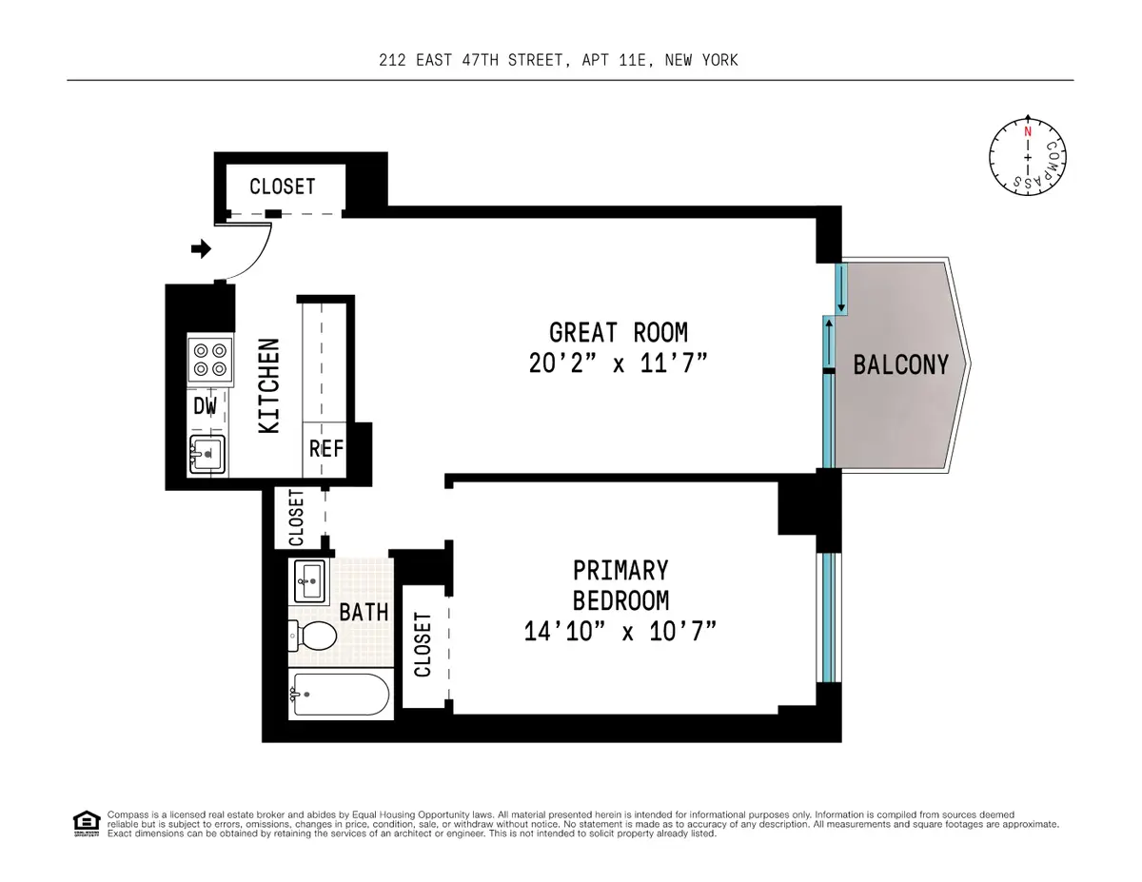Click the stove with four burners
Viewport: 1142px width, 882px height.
click(210, 359)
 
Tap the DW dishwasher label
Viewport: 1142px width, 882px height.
click(206, 406)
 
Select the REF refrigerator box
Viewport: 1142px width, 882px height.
click(325, 449)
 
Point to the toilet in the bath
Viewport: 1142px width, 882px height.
click(313, 635)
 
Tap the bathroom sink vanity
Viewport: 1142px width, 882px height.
click(309, 578)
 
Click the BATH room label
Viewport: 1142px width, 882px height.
click(364, 611)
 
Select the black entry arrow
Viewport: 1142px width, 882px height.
click(201, 249)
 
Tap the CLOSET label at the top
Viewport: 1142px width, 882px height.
click(282, 186)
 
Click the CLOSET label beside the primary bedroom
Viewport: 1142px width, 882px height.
click(423, 644)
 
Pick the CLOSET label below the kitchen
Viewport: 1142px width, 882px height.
click(296, 518)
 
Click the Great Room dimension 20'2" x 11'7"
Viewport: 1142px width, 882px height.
click(618, 363)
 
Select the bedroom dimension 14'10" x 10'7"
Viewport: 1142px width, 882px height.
click(619, 630)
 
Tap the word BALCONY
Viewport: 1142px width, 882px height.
click(900, 364)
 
